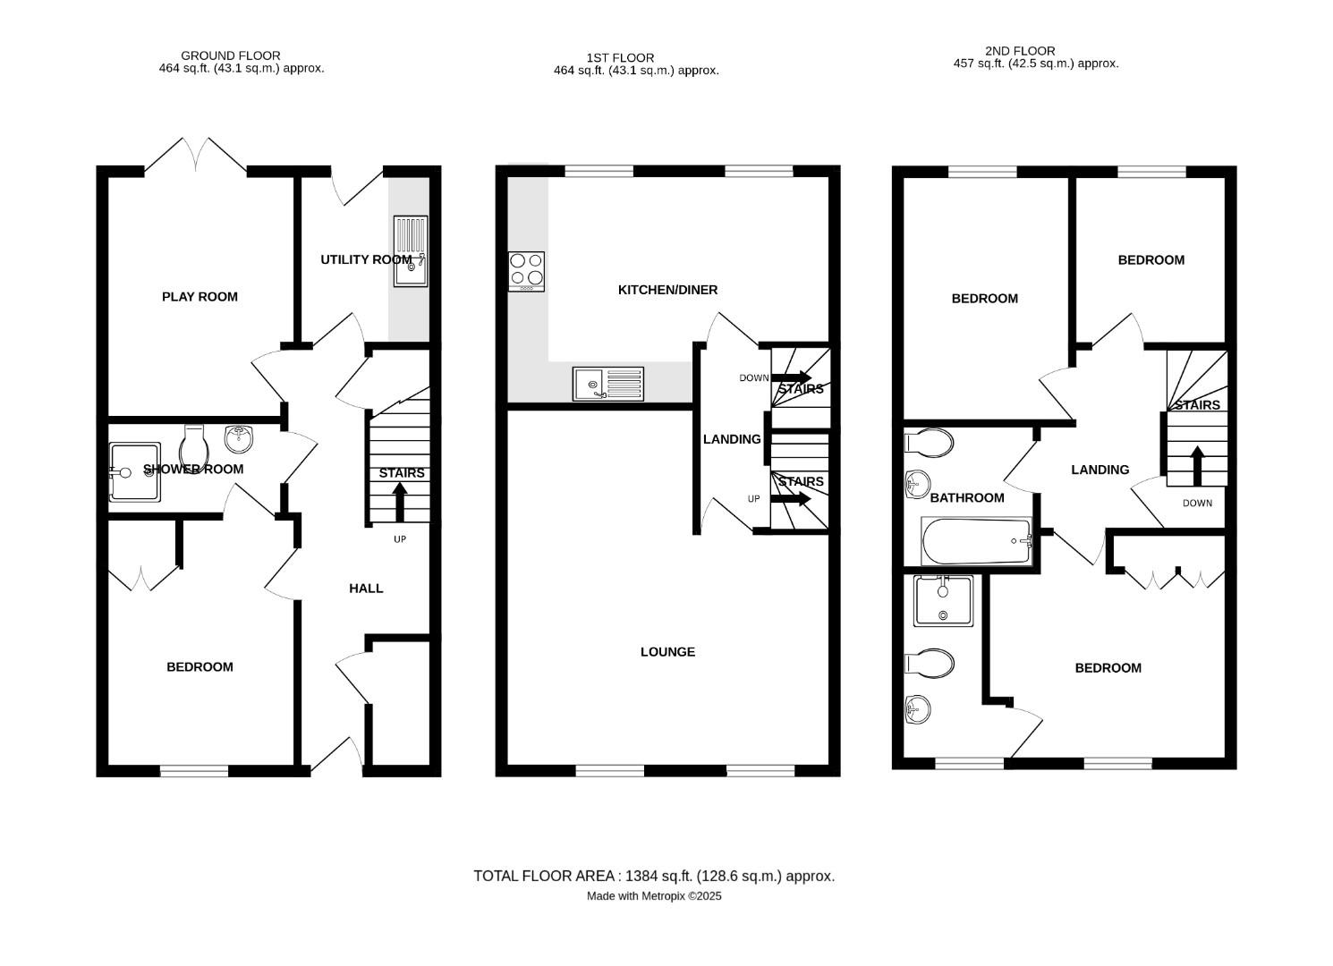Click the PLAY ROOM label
click(x=200, y=297)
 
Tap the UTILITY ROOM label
click(x=366, y=260)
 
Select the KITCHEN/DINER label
click(x=667, y=291)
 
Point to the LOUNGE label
click(x=667, y=652)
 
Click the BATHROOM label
click(x=967, y=498)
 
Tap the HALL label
click(x=366, y=589)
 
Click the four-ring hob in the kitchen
click(x=526, y=272)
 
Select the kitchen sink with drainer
click(x=608, y=384)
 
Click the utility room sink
click(x=411, y=251)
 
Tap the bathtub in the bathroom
click(x=977, y=541)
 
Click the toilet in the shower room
click(x=194, y=448)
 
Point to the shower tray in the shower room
click(x=134, y=471)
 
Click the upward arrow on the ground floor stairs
click(x=400, y=503)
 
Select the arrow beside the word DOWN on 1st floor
click(x=792, y=377)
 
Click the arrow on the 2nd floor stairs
click(x=1197, y=466)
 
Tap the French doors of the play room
click(x=196, y=156)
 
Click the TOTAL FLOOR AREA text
click(x=654, y=877)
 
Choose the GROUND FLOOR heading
click(x=230, y=55)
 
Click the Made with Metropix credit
click(x=654, y=896)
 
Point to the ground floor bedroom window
click(x=195, y=771)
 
